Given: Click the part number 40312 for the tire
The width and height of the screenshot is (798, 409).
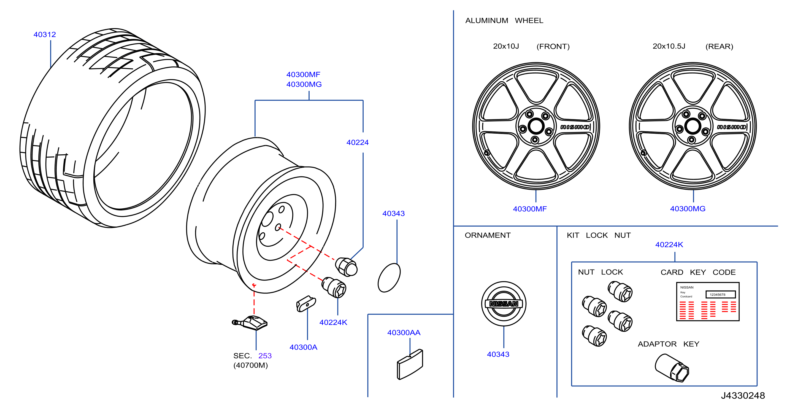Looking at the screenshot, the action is [45, 34].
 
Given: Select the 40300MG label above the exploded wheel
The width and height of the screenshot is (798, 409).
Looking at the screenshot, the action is [304, 84].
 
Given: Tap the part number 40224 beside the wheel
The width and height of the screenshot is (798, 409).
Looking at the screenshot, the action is [358, 142].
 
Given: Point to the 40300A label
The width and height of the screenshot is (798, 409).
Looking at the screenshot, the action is [303, 347].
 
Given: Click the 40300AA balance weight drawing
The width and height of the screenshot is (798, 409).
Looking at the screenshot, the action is [410, 364].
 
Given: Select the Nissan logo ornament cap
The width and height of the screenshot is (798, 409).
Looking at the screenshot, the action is [504, 304].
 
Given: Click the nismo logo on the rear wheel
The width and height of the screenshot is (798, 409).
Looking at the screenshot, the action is [731, 127].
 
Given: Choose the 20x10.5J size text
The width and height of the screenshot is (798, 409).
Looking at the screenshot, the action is [669, 46].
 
